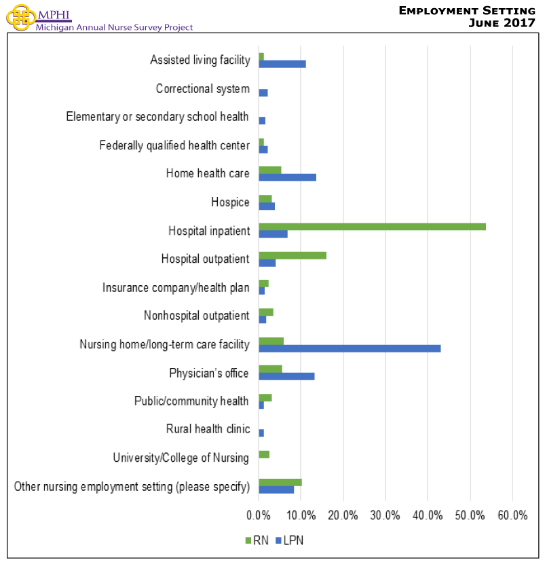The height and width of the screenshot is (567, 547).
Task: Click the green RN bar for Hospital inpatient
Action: pos(372,227)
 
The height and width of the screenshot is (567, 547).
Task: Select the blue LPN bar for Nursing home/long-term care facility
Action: pos(350,348)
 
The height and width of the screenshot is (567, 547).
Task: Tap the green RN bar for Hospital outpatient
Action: pos(293,255)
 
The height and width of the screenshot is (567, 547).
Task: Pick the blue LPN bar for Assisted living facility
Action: pos(282,64)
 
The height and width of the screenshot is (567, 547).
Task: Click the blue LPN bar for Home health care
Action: pos(287,177)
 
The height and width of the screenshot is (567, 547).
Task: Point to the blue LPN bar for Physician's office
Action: pos(286,376)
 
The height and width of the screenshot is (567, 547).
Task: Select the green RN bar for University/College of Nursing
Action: pos(264,454)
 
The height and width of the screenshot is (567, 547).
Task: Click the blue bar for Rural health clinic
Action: pos(261,433)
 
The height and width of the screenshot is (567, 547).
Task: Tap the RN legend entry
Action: pos(256,541)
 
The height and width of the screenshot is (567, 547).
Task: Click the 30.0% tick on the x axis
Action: pos(385,515)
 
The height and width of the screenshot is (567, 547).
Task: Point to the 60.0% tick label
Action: pos(512,515)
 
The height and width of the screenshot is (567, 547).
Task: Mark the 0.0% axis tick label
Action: pos(259,515)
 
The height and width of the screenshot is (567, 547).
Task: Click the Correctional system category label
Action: pos(202,89)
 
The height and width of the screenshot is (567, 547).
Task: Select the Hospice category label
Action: pos(230,202)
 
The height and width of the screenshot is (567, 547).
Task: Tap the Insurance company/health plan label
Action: pos(176,287)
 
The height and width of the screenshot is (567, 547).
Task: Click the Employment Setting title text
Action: pos(468,10)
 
